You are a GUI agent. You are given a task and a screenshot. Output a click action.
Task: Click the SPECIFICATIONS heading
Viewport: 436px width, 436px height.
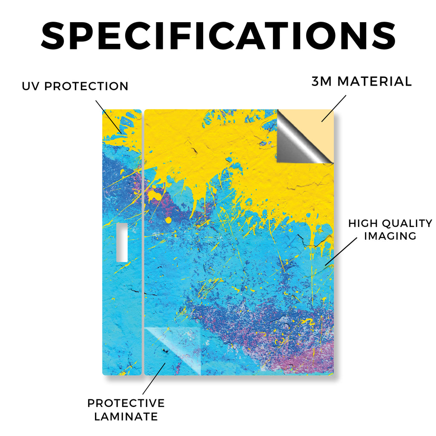coord(218,36)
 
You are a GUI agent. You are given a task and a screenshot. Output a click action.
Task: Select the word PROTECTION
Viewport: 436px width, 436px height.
coord(86,86)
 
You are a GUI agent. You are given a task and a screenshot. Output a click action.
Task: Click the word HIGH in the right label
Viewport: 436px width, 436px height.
coord(363,223)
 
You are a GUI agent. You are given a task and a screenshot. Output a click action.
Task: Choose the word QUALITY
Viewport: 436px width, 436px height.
coord(407,223)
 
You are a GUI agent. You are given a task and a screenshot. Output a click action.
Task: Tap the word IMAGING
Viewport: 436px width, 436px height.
coord(390,236)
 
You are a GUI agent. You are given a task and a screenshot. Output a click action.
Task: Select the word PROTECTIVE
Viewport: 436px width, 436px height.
coord(126,403)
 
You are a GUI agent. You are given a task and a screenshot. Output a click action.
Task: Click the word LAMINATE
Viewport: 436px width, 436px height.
coord(126,416)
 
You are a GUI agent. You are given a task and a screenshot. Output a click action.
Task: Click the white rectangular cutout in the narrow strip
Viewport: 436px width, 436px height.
coord(122,242)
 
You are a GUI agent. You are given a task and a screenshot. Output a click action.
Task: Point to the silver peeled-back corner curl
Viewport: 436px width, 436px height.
coord(300,139)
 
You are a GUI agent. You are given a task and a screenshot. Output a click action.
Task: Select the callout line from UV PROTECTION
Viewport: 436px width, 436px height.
coord(109,117)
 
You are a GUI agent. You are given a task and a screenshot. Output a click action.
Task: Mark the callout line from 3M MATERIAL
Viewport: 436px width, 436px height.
coord(334,109)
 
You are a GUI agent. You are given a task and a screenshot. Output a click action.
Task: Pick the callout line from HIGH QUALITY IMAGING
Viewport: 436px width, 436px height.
coord(341,251)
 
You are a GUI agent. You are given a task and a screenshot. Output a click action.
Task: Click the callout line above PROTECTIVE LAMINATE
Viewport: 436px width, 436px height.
coord(154,379)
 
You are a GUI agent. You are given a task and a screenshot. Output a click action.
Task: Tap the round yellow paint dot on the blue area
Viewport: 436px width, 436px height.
coord(168,220)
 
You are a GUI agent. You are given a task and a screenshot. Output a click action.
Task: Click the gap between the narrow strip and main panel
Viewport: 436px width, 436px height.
coord(143,242)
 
